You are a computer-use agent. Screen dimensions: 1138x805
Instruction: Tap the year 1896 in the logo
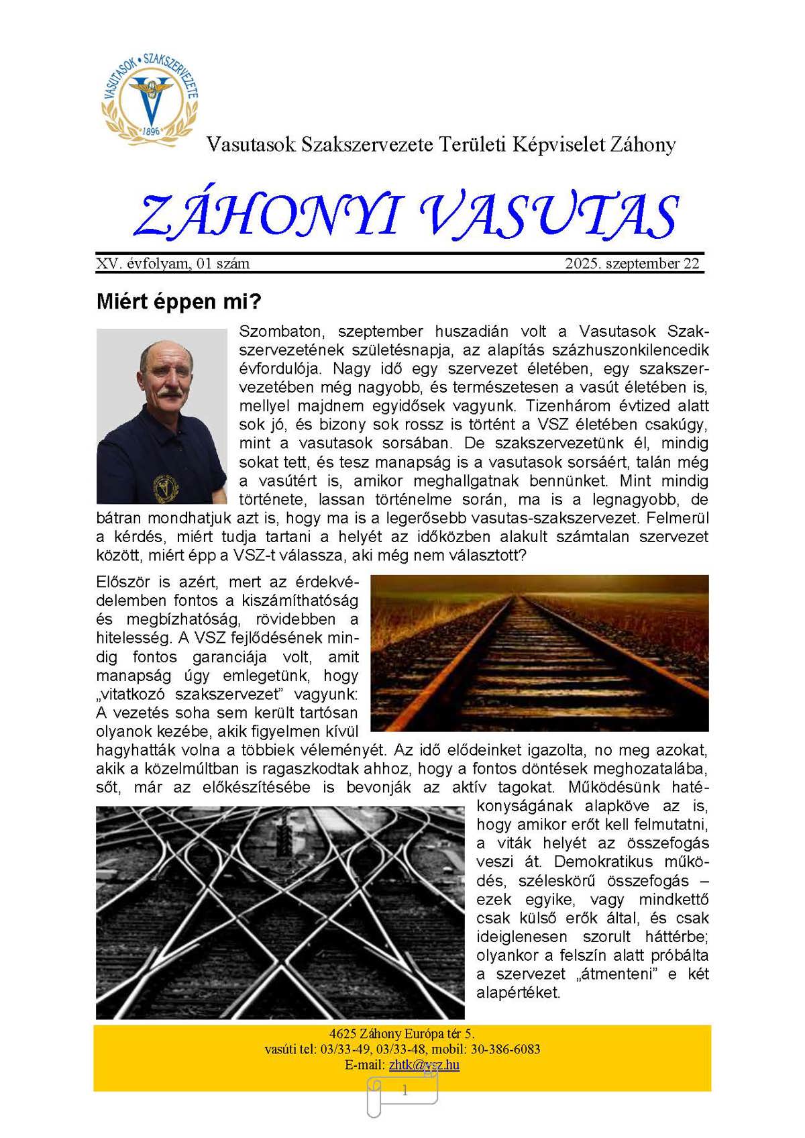pyautogui.click(x=152, y=132)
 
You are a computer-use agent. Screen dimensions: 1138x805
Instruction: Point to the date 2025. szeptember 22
pyautogui.click(x=632, y=264)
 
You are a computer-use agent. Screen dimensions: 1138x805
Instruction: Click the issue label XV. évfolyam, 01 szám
pyautogui.click(x=173, y=264)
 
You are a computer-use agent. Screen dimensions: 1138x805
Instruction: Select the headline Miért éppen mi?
pyautogui.click(x=178, y=301)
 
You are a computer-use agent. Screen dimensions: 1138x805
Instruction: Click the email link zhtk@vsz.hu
pyautogui.click(x=424, y=1065)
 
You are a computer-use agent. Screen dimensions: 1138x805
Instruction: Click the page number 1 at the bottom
pyautogui.click(x=405, y=1091)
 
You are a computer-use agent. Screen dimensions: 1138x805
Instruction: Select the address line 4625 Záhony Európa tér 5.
pyautogui.click(x=402, y=1033)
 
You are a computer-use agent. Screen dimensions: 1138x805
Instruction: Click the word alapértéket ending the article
pyautogui.click(x=517, y=993)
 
